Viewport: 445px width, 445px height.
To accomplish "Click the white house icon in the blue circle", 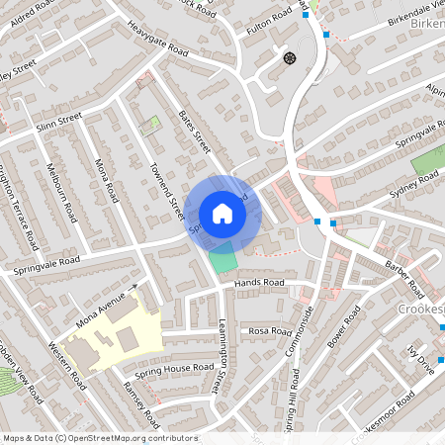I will tap(222, 214).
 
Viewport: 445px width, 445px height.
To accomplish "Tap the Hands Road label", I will tap(259, 283).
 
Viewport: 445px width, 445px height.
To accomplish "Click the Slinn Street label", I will tap(58, 123).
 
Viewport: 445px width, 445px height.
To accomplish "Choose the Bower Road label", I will tap(348, 332).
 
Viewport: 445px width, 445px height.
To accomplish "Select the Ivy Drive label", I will tap(424, 364).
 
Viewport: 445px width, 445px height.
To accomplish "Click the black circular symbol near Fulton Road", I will tap(290, 58).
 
